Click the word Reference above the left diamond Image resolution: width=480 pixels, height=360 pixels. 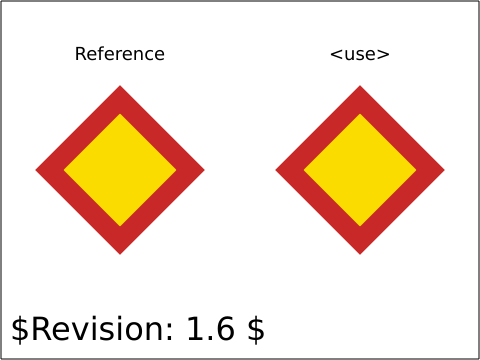pos(120,54)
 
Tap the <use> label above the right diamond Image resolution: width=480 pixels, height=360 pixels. pos(360,54)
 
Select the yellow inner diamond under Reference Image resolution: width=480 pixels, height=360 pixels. pos(120,170)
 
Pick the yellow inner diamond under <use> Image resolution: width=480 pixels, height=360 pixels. pos(360,170)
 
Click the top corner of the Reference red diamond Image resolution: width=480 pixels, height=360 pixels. pos(120,86)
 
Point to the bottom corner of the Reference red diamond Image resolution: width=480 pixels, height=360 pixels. pos(120,254)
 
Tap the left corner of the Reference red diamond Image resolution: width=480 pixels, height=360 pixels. pos(36,170)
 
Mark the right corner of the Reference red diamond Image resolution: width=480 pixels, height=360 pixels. pos(204,170)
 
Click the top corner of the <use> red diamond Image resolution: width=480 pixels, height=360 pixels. pos(360,86)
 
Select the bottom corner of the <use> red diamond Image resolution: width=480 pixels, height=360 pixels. pos(360,254)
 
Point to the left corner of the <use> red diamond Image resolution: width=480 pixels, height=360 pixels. pos(276,170)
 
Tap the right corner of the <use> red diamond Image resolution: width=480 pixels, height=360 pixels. pos(444,170)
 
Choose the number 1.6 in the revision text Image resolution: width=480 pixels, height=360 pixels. pos(210,329)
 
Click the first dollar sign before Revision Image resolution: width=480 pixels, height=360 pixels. pos(20,329)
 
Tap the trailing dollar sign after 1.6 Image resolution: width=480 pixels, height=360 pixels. pos(256,329)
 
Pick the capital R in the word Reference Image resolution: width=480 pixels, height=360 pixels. pos(80,54)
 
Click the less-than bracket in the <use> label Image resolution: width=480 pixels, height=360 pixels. pos(336,54)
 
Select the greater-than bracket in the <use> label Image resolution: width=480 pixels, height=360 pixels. pos(383,54)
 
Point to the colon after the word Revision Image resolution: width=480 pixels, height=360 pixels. pos(169,332)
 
